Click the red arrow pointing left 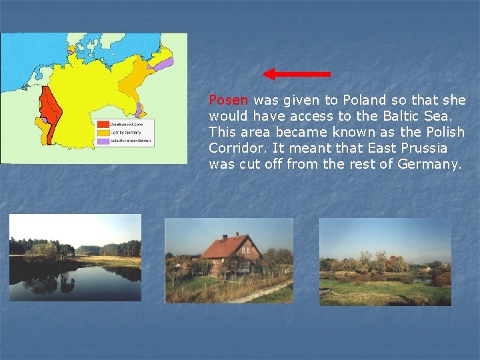[296, 73]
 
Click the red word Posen [229, 101]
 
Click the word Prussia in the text [422, 148]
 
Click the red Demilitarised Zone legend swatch [103, 124]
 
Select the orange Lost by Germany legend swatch [103, 133]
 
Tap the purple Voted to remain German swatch [103, 141]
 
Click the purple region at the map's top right [164, 64]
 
